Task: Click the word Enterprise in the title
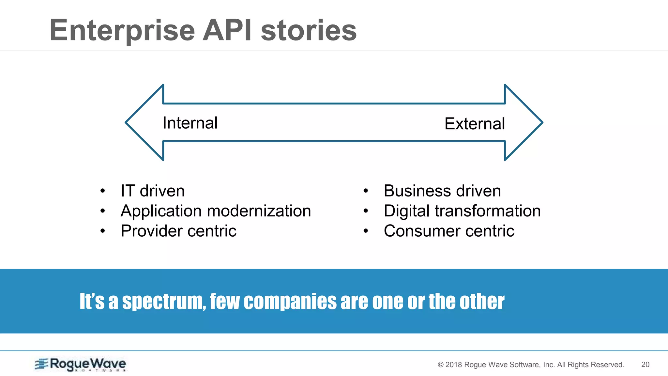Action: coord(122,31)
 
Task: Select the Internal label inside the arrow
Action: coord(190,123)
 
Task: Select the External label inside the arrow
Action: coord(475,124)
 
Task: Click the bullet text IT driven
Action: coord(152,191)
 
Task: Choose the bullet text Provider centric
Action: coord(178,231)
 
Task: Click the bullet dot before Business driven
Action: coord(366,191)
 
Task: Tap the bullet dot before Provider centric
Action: coord(103,231)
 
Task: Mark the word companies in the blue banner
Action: coord(290,302)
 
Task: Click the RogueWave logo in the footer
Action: coord(81,364)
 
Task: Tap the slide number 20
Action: coord(645,365)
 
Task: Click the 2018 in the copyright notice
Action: coord(454,365)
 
